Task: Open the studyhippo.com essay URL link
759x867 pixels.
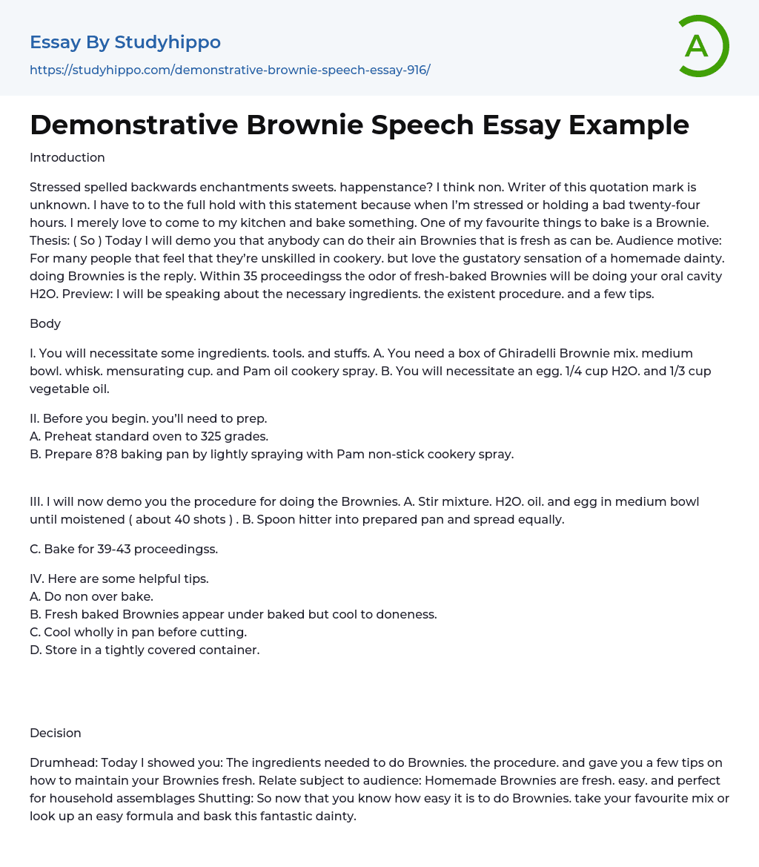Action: [230, 70]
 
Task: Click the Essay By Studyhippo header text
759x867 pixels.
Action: [125, 42]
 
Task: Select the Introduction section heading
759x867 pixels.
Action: [67, 157]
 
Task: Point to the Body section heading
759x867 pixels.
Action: [45, 323]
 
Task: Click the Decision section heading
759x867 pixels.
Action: [56, 733]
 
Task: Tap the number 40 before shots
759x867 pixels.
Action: [188, 519]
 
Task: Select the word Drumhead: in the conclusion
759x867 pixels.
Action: [63, 762]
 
